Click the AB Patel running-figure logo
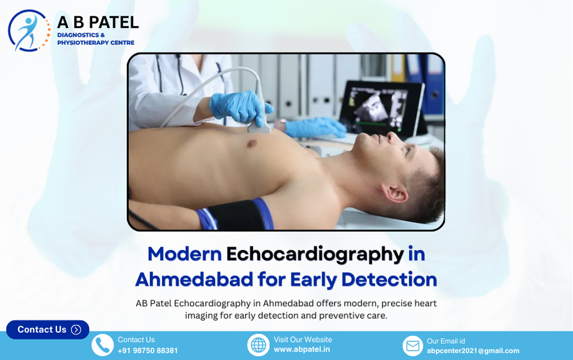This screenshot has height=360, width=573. click(29, 31)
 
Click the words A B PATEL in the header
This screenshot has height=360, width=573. click(97, 22)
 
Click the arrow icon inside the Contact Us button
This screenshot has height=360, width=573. click(76, 329)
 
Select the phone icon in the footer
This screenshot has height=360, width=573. click(102, 345)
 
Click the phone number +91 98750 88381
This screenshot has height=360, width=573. click(147, 350)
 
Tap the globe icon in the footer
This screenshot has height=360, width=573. click(258, 345)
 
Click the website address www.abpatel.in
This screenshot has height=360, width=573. click(302, 350)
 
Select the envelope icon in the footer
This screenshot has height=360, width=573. click(413, 346)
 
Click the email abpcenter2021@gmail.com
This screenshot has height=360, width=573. click(473, 350)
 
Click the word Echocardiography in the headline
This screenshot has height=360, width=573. click(315, 254)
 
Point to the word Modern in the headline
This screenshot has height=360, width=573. click(185, 254)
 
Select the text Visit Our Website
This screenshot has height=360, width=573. click(303, 340)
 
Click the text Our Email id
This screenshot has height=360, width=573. click(446, 341)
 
